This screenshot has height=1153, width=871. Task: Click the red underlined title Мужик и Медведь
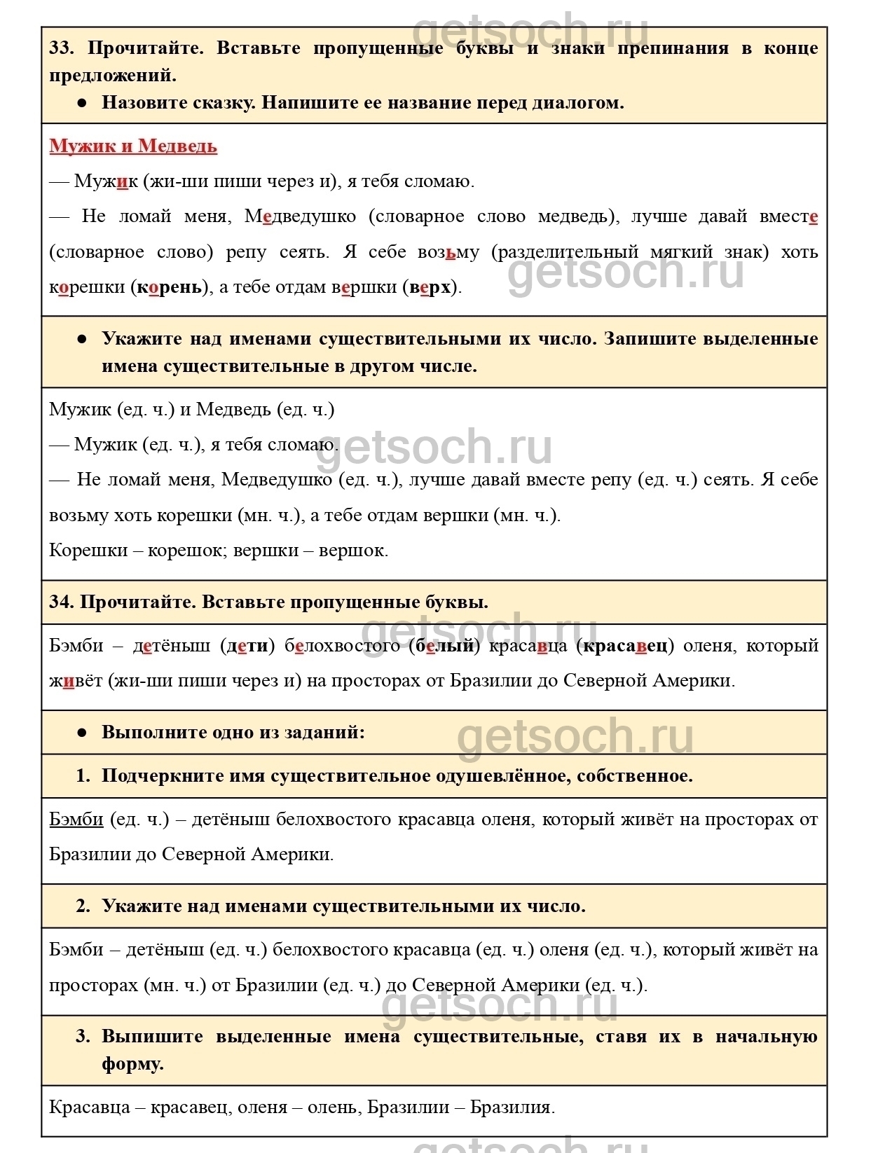133,146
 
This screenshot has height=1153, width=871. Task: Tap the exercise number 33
62,48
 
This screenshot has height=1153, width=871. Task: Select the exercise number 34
61,602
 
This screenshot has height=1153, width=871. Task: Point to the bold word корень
169,287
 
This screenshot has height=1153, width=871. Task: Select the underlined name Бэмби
76,820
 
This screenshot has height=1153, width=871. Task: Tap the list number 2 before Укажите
83,906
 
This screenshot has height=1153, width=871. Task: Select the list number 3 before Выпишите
83,1037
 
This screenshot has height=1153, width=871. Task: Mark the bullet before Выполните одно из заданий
82,733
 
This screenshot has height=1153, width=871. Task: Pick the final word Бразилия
512,1108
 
